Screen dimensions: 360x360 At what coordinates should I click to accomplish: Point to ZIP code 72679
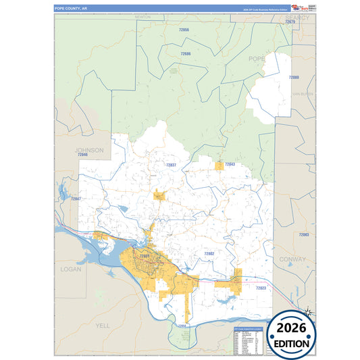[x=291, y=22]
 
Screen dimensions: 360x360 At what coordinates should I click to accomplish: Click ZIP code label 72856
[x=184, y=30]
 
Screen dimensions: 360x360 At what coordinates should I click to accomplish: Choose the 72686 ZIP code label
[x=186, y=53]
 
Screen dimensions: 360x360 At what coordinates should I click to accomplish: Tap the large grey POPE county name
[x=257, y=59]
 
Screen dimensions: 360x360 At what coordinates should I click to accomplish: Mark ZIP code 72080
[x=294, y=78]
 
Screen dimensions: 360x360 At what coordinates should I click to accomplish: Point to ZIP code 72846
[x=83, y=155]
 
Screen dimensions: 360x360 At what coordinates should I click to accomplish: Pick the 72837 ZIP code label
[x=171, y=165]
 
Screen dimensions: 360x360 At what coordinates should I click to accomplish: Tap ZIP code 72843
[x=230, y=164]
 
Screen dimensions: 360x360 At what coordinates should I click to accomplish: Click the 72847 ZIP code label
[x=76, y=199]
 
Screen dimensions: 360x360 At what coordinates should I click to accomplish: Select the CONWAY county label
[x=296, y=257]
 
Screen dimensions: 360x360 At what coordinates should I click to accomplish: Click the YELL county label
[x=102, y=325]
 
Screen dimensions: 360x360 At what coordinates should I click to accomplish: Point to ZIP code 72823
[x=261, y=288]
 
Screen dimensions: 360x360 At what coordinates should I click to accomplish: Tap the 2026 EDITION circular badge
[x=292, y=336]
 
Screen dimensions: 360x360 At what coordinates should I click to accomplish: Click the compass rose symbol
[x=308, y=311]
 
